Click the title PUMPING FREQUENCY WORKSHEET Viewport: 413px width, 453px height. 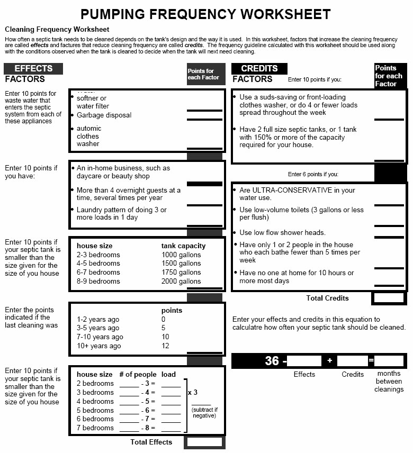click(x=205, y=14)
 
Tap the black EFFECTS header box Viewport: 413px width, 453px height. click(x=33, y=69)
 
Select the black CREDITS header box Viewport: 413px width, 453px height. click(x=259, y=69)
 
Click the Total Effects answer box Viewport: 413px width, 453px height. click(x=204, y=442)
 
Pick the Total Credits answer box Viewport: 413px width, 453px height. click(x=389, y=298)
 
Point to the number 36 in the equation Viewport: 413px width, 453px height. click(x=272, y=361)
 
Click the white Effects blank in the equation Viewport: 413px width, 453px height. click(x=304, y=361)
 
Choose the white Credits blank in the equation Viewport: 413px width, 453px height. click(x=352, y=361)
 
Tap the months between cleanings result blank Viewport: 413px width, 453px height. click(x=389, y=361)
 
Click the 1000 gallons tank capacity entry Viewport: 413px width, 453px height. click(x=181, y=255)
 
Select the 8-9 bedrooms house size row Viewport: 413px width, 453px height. click(x=98, y=282)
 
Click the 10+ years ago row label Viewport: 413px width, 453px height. click(x=99, y=346)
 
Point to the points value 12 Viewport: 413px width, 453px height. click(x=165, y=346)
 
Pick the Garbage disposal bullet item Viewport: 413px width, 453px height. click(x=104, y=115)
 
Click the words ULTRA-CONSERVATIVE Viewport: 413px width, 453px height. click(x=290, y=191)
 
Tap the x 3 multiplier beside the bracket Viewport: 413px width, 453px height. click(x=193, y=393)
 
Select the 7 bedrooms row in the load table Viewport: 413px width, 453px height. click(x=95, y=428)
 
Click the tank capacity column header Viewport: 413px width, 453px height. click(x=183, y=246)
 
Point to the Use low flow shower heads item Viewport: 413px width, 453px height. click(x=282, y=233)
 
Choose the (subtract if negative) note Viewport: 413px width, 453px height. click(x=204, y=413)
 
